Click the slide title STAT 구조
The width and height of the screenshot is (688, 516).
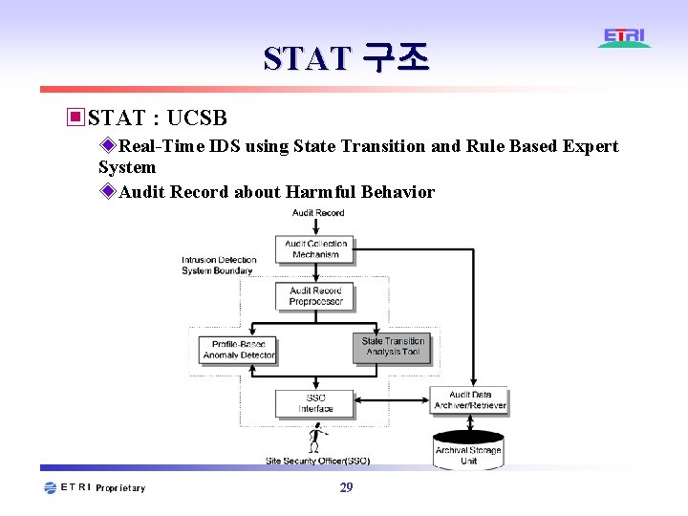(346, 59)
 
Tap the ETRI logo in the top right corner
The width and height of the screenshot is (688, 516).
(625, 38)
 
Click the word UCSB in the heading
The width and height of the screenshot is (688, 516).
(197, 118)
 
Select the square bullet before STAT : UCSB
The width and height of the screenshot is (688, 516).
(75, 118)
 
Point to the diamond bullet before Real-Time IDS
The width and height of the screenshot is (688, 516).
(108, 146)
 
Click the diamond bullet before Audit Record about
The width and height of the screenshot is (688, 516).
(108, 191)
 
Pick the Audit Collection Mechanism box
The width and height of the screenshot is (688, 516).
(316, 248)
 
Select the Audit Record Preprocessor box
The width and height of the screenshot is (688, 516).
(315, 296)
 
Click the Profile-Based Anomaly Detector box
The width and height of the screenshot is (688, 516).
(238, 350)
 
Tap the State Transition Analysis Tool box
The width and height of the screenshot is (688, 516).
(392, 346)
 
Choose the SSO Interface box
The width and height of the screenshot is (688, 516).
(315, 403)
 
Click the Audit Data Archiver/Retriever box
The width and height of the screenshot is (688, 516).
(470, 399)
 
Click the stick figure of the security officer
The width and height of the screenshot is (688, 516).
(315, 440)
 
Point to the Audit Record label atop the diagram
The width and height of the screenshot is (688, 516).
(318, 213)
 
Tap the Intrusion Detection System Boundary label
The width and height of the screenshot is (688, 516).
(219, 266)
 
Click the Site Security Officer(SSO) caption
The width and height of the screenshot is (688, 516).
(317, 461)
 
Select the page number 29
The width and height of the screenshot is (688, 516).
(346, 487)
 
